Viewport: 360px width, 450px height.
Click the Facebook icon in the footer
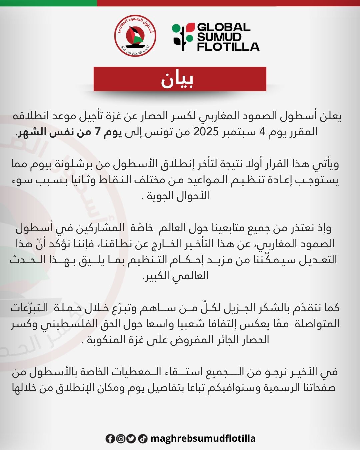coord(110,439)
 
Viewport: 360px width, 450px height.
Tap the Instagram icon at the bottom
coord(121,439)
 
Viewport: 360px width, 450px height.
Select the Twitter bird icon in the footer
coord(131,439)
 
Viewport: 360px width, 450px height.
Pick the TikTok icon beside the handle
coord(143,439)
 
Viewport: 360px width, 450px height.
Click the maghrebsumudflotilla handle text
coord(203,439)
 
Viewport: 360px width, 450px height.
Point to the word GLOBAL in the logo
coord(224,27)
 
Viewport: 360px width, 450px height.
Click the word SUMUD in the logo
coord(219,37)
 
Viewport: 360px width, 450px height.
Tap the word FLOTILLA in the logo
coord(228,47)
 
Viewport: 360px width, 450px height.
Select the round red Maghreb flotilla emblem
coord(135,35)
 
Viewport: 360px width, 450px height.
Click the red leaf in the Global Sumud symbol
coord(190,27)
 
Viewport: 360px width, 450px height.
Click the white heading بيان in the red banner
coord(177,79)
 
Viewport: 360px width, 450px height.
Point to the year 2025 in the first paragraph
coord(206,132)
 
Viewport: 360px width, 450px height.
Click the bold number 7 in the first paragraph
coord(97,132)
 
